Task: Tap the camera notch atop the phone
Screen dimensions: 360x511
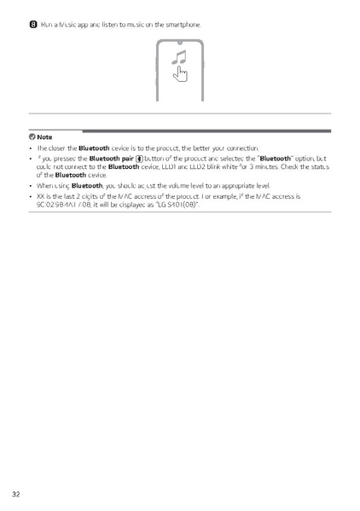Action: pos(180,42)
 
